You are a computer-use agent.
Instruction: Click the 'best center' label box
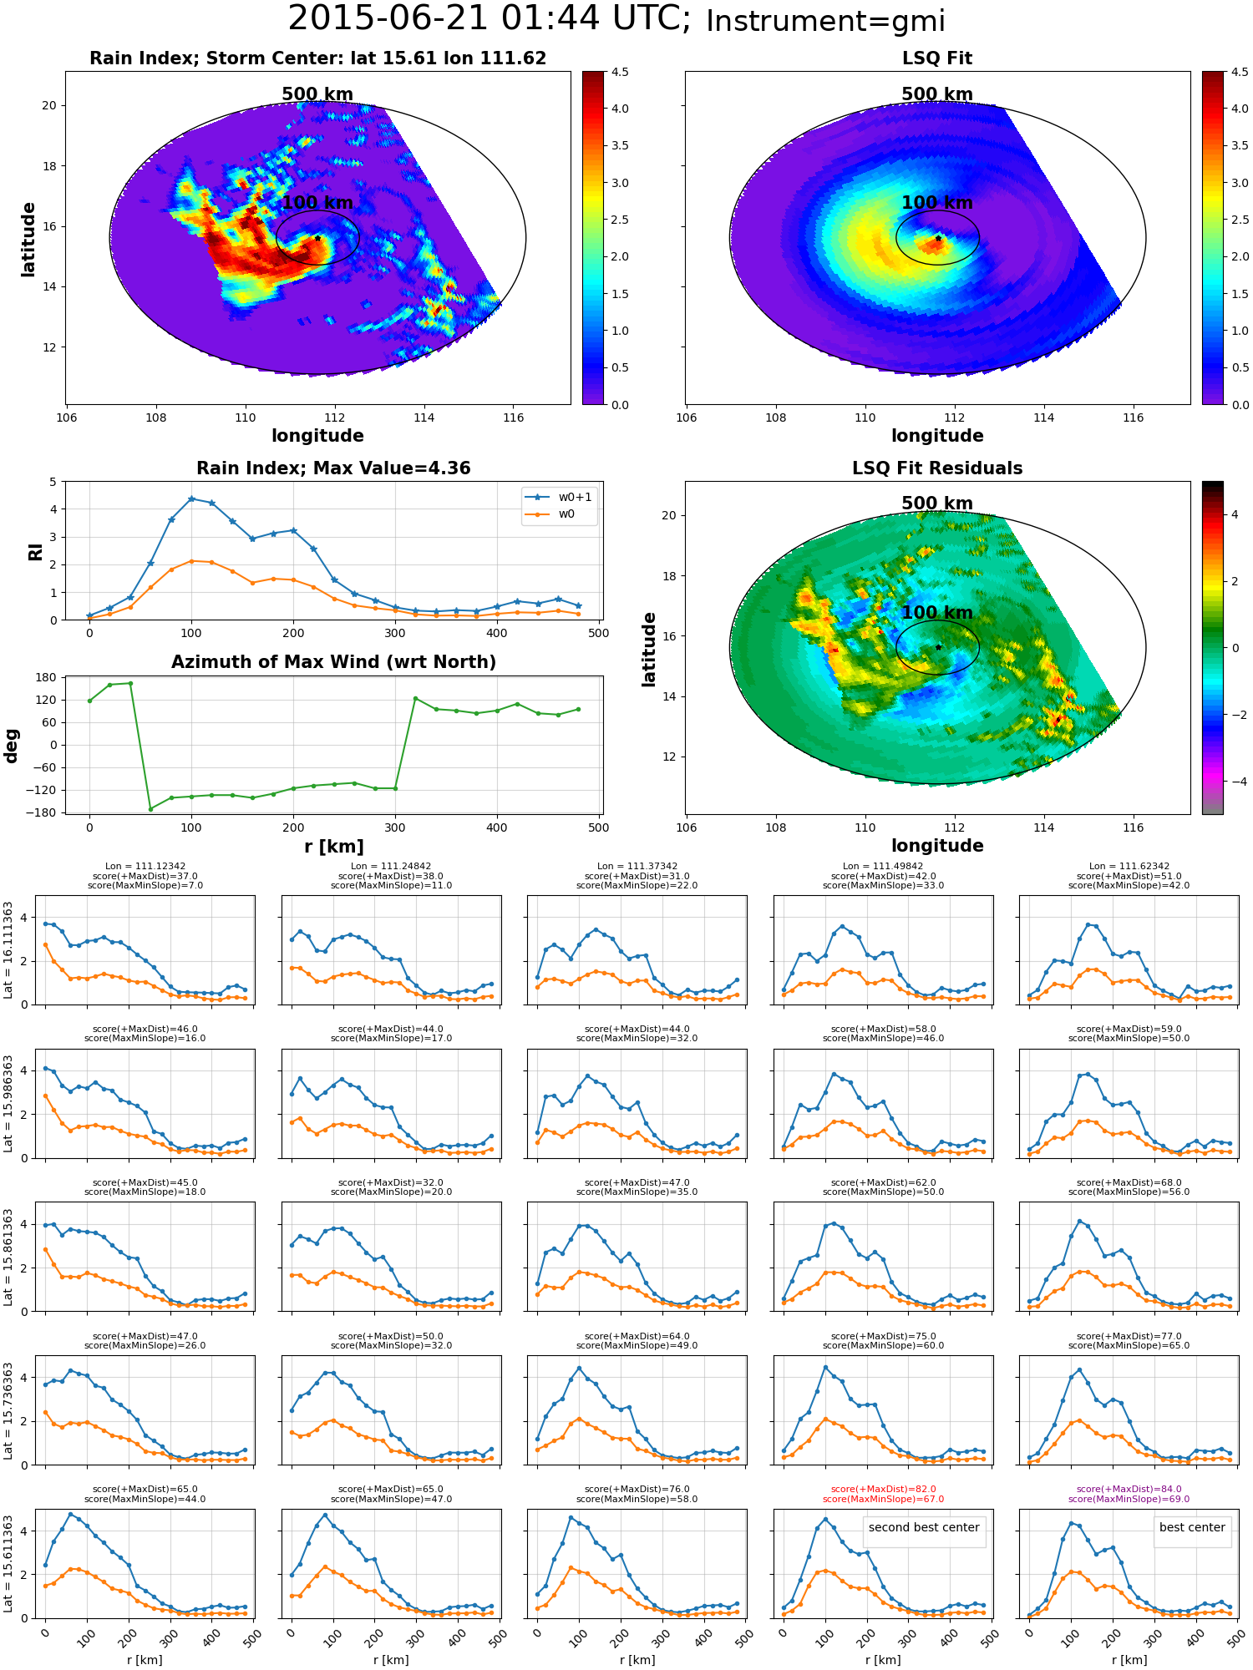tap(1192, 1527)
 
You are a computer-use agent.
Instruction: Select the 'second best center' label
tap(924, 1527)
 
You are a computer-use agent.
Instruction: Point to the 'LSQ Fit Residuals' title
tap(937, 468)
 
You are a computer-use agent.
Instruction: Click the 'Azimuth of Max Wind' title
tap(333, 662)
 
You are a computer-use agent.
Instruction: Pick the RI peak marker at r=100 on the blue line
tap(191, 498)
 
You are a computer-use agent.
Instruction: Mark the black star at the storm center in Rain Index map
tap(317, 238)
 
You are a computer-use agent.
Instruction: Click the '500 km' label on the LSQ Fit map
tap(937, 94)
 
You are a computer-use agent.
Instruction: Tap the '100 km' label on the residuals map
tap(937, 612)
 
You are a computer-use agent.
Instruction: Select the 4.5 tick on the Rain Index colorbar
tap(620, 72)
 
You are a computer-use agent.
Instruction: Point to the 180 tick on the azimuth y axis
tap(46, 677)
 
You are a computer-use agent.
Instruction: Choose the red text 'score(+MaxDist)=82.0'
tap(884, 1490)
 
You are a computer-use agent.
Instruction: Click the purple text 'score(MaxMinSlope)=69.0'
tap(1129, 1499)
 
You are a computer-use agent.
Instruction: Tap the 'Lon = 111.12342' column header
tap(145, 867)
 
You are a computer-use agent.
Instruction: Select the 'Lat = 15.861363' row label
tap(8, 1257)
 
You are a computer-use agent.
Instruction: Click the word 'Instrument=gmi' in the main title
tap(825, 21)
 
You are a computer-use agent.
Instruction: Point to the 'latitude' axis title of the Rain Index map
tap(28, 239)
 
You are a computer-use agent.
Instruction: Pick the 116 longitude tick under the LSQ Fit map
tap(1133, 417)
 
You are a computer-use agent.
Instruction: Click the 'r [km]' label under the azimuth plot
tap(334, 847)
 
